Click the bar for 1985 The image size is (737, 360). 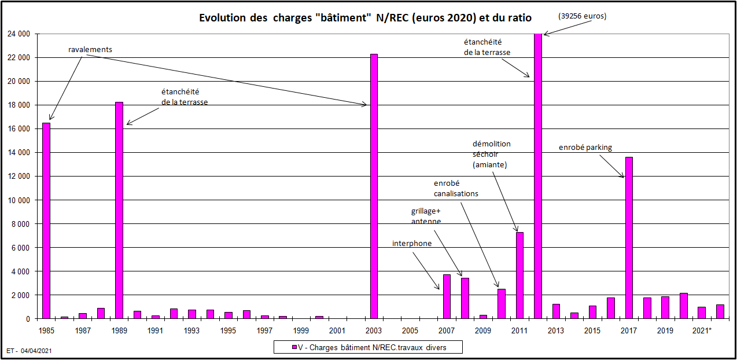click(x=46, y=221)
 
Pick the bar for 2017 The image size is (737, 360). click(x=629, y=237)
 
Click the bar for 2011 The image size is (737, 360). click(x=519, y=275)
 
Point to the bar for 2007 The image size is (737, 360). click(x=447, y=296)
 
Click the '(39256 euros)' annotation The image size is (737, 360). click(x=582, y=16)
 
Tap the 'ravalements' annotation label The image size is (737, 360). click(x=90, y=50)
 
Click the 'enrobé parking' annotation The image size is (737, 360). click(x=585, y=148)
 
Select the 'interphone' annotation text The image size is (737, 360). click(x=412, y=244)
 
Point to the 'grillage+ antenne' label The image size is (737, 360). click(x=426, y=216)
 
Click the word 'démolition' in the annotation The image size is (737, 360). click(x=492, y=144)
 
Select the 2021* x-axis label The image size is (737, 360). click(x=702, y=330)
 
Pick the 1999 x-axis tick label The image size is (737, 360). click(x=301, y=330)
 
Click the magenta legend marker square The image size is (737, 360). click(x=293, y=347)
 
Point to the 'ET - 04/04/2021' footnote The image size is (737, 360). click(x=30, y=351)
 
